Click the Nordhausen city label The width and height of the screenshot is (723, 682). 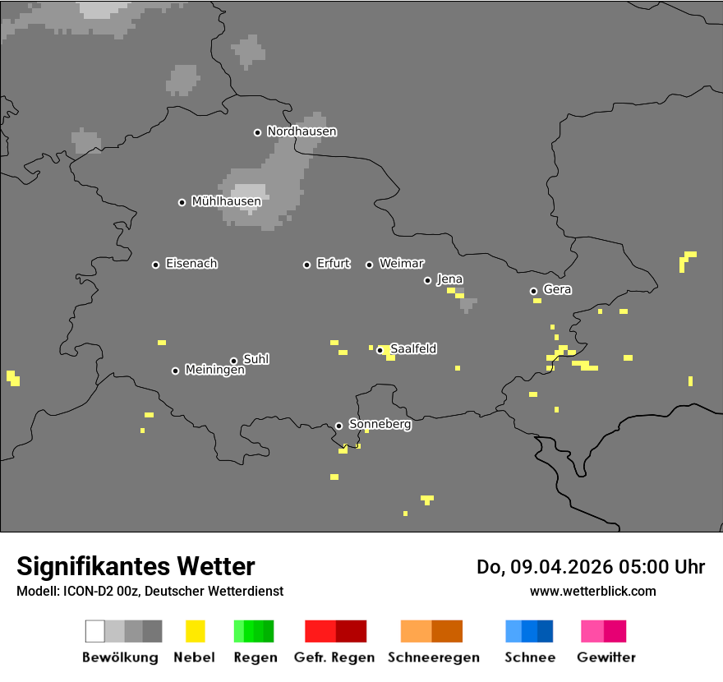click(302, 131)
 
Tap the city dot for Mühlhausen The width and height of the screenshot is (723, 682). click(182, 202)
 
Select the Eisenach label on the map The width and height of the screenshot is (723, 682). click(191, 264)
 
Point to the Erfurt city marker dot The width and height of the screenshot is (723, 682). click(307, 265)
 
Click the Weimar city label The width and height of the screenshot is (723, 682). click(402, 264)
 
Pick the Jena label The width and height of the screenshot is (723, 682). click(449, 279)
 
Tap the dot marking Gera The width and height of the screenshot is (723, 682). click(533, 291)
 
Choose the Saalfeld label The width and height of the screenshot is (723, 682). click(413, 349)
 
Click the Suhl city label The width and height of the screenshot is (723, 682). click(256, 359)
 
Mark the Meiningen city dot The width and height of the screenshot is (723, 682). click(175, 371)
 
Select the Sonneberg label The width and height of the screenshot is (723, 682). click(380, 425)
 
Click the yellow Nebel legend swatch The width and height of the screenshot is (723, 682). click(195, 631)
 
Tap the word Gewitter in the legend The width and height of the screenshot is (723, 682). click(606, 657)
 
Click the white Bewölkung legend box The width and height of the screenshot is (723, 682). click(95, 631)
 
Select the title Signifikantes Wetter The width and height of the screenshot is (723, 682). click(136, 566)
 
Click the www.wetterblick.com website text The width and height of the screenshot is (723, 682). click(592, 591)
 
